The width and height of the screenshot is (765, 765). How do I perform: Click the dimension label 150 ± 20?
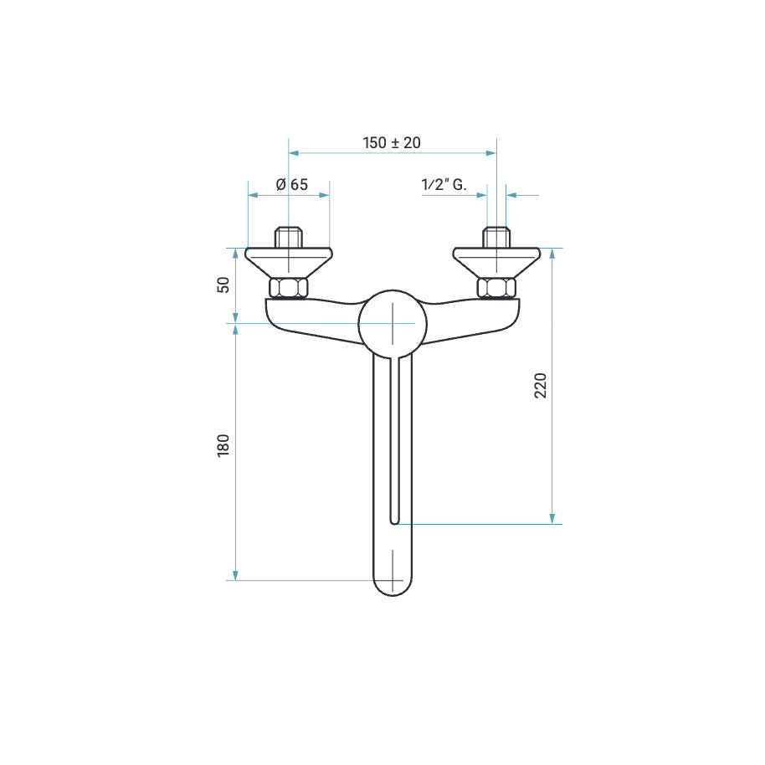(x=392, y=142)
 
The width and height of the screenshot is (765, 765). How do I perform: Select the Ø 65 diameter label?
(x=292, y=184)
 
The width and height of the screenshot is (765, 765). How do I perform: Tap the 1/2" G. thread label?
(x=444, y=184)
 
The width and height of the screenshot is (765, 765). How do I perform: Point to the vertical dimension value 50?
(x=223, y=285)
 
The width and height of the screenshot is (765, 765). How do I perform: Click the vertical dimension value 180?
(x=223, y=445)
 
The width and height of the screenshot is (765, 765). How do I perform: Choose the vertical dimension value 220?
(x=541, y=385)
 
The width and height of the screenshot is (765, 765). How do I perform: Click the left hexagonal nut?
(x=288, y=288)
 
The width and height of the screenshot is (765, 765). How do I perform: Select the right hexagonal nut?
(x=496, y=288)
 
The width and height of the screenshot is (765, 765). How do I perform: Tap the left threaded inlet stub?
(x=288, y=237)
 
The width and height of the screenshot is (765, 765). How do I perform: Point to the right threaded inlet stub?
(x=496, y=237)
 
